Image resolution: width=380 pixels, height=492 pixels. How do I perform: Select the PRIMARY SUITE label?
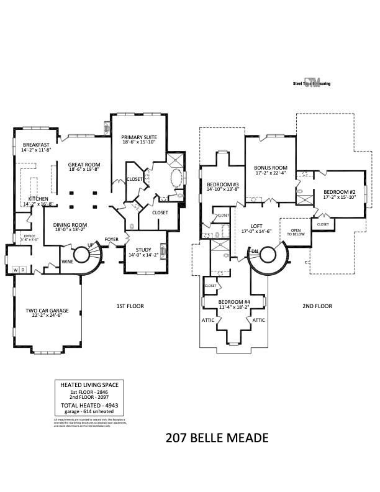click(138, 137)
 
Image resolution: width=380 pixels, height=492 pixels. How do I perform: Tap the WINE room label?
click(66, 262)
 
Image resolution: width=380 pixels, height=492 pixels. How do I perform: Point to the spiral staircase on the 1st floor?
click(81, 255)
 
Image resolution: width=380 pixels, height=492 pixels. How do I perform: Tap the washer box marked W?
click(15, 270)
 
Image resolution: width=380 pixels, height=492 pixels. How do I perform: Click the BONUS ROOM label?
click(271, 168)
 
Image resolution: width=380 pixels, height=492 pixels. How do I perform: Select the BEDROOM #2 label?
click(339, 193)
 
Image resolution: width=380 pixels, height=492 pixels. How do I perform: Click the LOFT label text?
click(257, 226)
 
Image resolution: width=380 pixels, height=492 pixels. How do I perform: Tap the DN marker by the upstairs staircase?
click(255, 250)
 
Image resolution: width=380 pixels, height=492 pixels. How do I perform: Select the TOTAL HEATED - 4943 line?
click(89, 405)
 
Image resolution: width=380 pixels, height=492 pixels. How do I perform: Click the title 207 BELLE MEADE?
click(217, 438)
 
